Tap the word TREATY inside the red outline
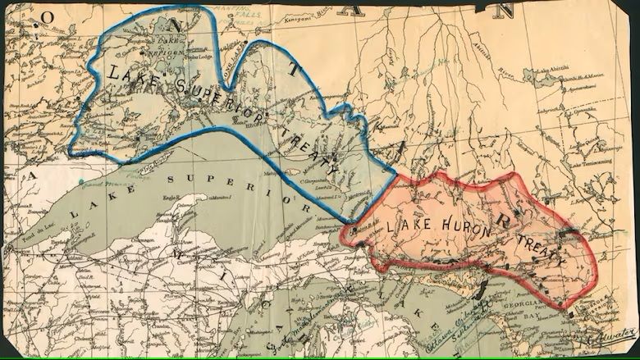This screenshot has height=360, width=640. [537, 244]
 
